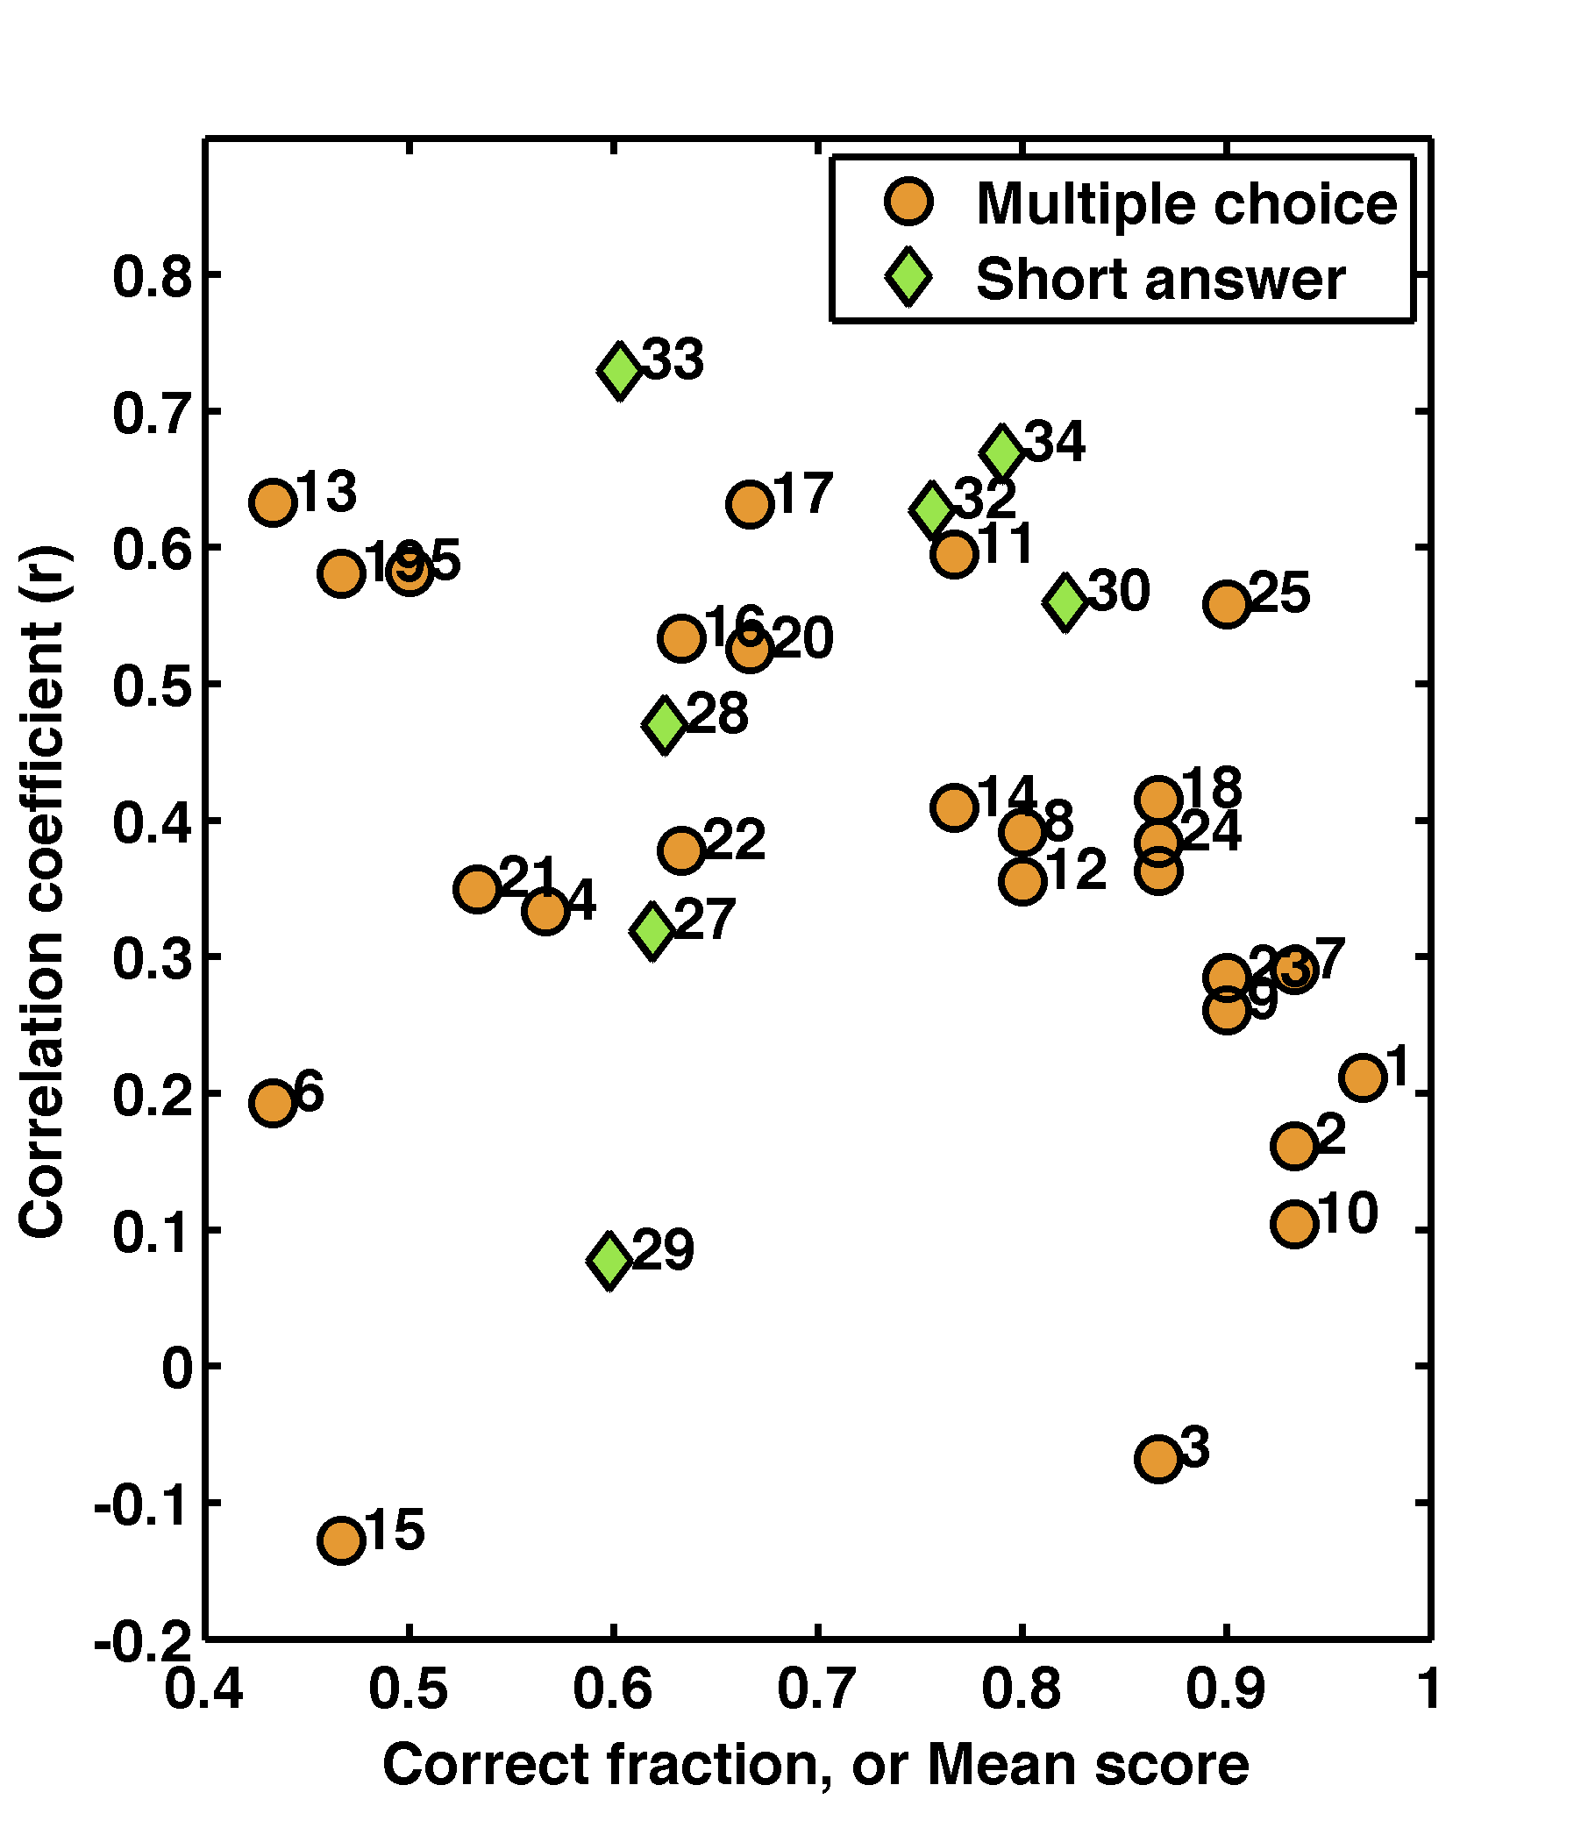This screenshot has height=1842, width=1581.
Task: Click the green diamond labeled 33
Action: (x=620, y=370)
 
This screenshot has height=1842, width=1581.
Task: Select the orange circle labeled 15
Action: (x=340, y=1540)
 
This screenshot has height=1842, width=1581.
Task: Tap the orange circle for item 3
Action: (x=1157, y=1459)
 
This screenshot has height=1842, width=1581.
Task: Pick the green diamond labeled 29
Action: (x=609, y=1260)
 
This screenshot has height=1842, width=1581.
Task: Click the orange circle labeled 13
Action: (x=273, y=502)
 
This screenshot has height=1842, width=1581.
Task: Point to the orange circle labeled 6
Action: (x=273, y=1103)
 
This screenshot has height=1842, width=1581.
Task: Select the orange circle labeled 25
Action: (x=1227, y=605)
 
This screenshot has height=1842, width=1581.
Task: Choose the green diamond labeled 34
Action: (x=1002, y=452)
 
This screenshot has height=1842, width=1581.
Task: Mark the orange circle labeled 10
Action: (x=1293, y=1224)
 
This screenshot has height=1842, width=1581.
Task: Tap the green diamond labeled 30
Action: (x=1065, y=601)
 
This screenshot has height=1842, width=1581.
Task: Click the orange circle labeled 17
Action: (x=750, y=505)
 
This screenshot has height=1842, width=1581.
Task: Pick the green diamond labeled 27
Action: (x=652, y=931)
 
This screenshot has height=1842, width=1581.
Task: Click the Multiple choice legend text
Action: (x=1186, y=204)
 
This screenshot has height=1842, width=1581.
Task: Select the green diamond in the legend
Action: (x=908, y=278)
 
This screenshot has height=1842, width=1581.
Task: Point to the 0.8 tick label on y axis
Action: (x=153, y=277)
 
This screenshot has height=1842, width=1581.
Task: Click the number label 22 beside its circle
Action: (x=735, y=839)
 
